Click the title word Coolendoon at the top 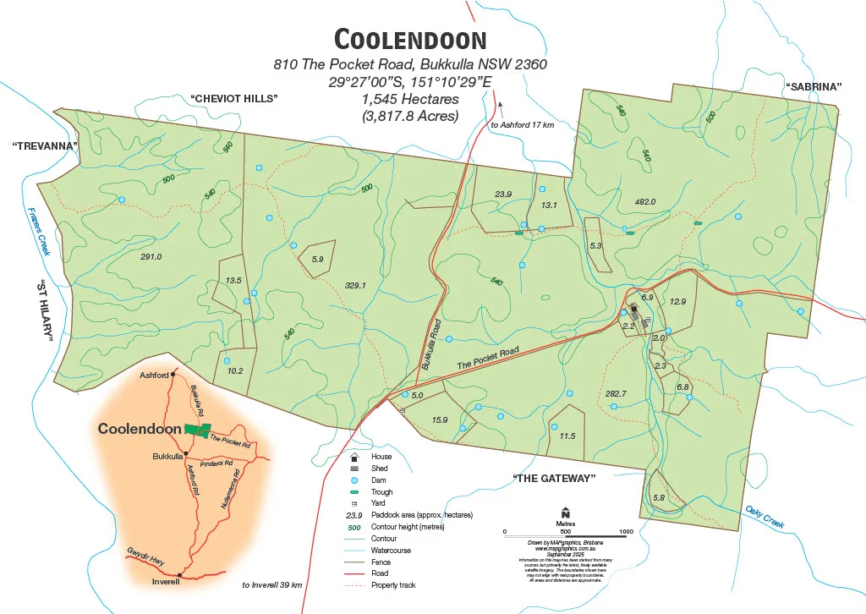[x=410, y=40]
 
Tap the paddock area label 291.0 [x=151, y=256]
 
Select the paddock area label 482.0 [x=644, y=202]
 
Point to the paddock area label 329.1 [x=355, y=286]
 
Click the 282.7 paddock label [x=616, y=393]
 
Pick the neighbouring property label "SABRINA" [x=815, y=86]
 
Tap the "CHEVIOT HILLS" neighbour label [x=234, y=98]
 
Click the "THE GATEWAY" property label [x=554, y=479]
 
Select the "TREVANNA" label [x=45, y=146]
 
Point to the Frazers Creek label [x=39, y=232]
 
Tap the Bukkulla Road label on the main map [x=432, y=345]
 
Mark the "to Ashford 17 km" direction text [x=522, y=125]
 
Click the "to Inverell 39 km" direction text [x=272, y=584]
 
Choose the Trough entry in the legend [x=381, y=491]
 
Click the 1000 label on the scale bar [x=626, y=532]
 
